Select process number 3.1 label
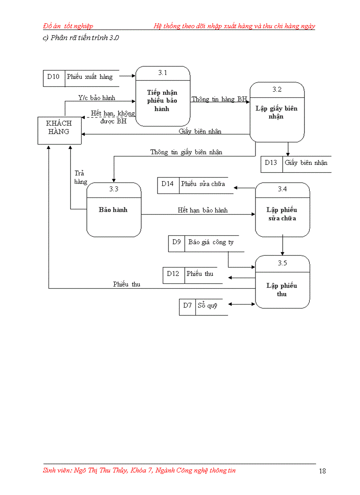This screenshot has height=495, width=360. point(162,73)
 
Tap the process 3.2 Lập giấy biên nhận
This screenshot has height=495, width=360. point(277,112)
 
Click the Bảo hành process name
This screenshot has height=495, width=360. point(113,210)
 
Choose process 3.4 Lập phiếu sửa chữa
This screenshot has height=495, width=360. point(282,214)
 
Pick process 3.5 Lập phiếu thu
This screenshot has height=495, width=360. point(282,290)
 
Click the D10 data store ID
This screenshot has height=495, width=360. point(53,77)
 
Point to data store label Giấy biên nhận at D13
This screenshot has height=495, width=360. point(306,163)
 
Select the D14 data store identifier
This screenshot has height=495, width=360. point(168,184)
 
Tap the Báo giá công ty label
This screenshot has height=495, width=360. point(211,242)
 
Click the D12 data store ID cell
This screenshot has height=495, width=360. point(173,274)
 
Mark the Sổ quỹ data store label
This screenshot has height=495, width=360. point(207,305)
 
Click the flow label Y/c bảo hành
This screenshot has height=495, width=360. point(97,98)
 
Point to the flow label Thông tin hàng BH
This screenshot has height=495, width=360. point(219,99)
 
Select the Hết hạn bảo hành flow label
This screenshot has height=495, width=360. point(202,210)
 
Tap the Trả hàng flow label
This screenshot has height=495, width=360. point(80,177)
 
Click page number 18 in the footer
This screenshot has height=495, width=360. point(322,471)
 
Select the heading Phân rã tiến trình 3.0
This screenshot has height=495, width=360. point(81,37)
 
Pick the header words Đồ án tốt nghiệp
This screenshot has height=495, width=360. point(68,26)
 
